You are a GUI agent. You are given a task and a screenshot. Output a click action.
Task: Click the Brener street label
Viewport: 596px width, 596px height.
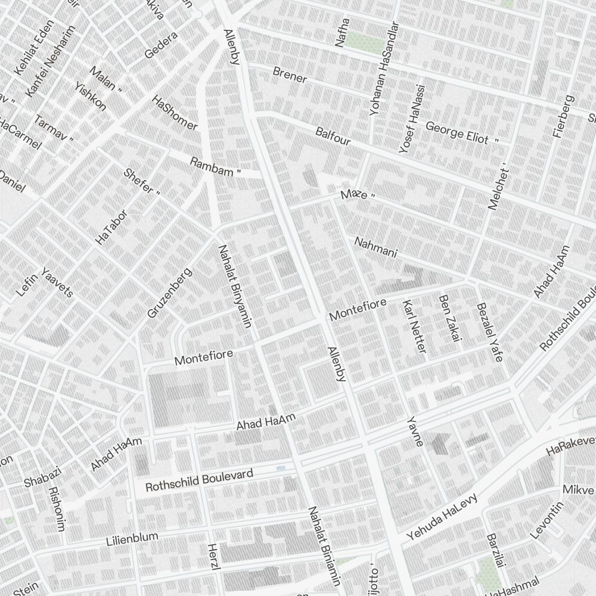(x=290, y=75)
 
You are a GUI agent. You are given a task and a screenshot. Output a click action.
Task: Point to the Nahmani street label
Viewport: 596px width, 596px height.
(x=375, y=247)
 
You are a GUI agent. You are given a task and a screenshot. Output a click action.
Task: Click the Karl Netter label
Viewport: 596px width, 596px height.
(x=415, y=326)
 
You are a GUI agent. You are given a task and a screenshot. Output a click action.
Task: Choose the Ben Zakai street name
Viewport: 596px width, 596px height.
(x=450, y=318)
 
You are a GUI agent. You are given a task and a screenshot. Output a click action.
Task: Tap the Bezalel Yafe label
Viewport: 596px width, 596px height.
(x=490, y=331)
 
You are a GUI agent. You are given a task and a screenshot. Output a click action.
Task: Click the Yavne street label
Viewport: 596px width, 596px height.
(x=415, y=432)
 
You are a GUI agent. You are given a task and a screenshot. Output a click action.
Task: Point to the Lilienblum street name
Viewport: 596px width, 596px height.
(x=132, y=539)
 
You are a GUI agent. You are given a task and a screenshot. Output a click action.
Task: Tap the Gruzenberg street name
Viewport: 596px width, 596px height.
(x=169, y=293)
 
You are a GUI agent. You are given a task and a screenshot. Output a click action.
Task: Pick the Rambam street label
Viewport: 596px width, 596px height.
(x=215, y=167)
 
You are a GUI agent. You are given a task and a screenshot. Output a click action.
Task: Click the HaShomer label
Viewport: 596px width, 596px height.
(x=175, y=113)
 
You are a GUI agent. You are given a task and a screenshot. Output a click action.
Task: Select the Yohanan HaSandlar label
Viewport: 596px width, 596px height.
(x=383, y=70)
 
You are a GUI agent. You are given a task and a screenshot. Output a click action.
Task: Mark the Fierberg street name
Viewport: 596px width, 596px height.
(x=563, y=116)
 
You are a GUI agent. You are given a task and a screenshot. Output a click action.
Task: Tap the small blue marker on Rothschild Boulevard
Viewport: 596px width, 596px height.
(x=281, y=469)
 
